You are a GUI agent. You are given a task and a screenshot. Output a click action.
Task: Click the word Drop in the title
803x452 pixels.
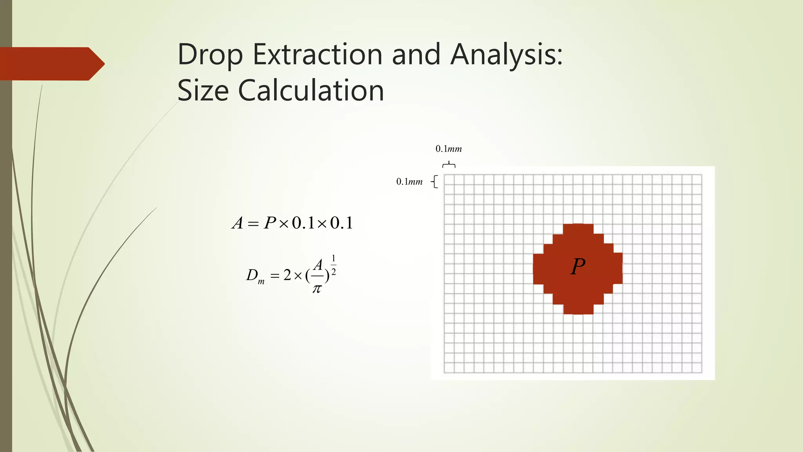[x=210, y=55]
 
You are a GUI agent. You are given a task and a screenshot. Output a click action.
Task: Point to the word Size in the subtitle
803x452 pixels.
[x=203, y=91]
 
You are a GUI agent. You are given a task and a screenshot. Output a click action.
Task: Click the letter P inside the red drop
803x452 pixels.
[x=578, y=267]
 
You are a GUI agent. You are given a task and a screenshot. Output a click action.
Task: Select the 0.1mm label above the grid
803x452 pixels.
[x=449, y=149]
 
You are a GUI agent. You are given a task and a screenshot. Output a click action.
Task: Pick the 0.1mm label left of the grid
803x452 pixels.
[x=409, y=182]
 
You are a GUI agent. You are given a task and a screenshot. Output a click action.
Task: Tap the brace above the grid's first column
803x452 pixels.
[x=449, y=164]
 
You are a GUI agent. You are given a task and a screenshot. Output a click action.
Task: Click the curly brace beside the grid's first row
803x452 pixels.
[x=434, y=182]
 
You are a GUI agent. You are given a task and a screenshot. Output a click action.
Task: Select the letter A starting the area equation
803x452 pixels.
[x=238, y=223]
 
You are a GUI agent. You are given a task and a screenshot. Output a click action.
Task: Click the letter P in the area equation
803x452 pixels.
[x=270, y=223]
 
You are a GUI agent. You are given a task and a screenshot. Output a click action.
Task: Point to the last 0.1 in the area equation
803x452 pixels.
[x=341, y=223]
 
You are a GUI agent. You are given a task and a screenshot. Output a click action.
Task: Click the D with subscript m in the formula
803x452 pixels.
[x=255, y=276]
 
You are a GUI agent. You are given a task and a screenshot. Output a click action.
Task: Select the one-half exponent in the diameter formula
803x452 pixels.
[x=333, y=265]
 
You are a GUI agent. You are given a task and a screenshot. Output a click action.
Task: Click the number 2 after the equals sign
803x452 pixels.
[x=287, y=275]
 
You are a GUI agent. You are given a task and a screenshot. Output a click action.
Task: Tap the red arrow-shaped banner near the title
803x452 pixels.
[x=51, y=64]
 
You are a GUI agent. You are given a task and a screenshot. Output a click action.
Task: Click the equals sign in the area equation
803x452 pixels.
[x=253, y=224]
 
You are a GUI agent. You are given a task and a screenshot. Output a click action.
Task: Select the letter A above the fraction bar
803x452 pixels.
[x=318, y=265]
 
